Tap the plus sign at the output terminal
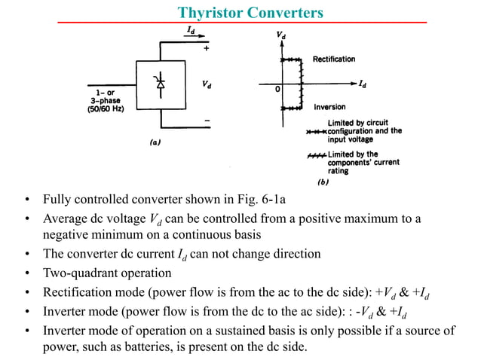pyautogui.click(x=207, y=47)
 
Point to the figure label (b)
pyautogui.click(x=321, y=182)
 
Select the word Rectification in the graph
pyautogui.click(x=334, y=59)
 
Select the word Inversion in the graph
pyautogui.click(x=329, y=107)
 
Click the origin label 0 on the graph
pyautogui.click(x=277, y=89)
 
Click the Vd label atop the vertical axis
pyautogui.click(x=281, y=35)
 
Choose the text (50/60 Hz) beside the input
pyautogui.click(x=102, y=108)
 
